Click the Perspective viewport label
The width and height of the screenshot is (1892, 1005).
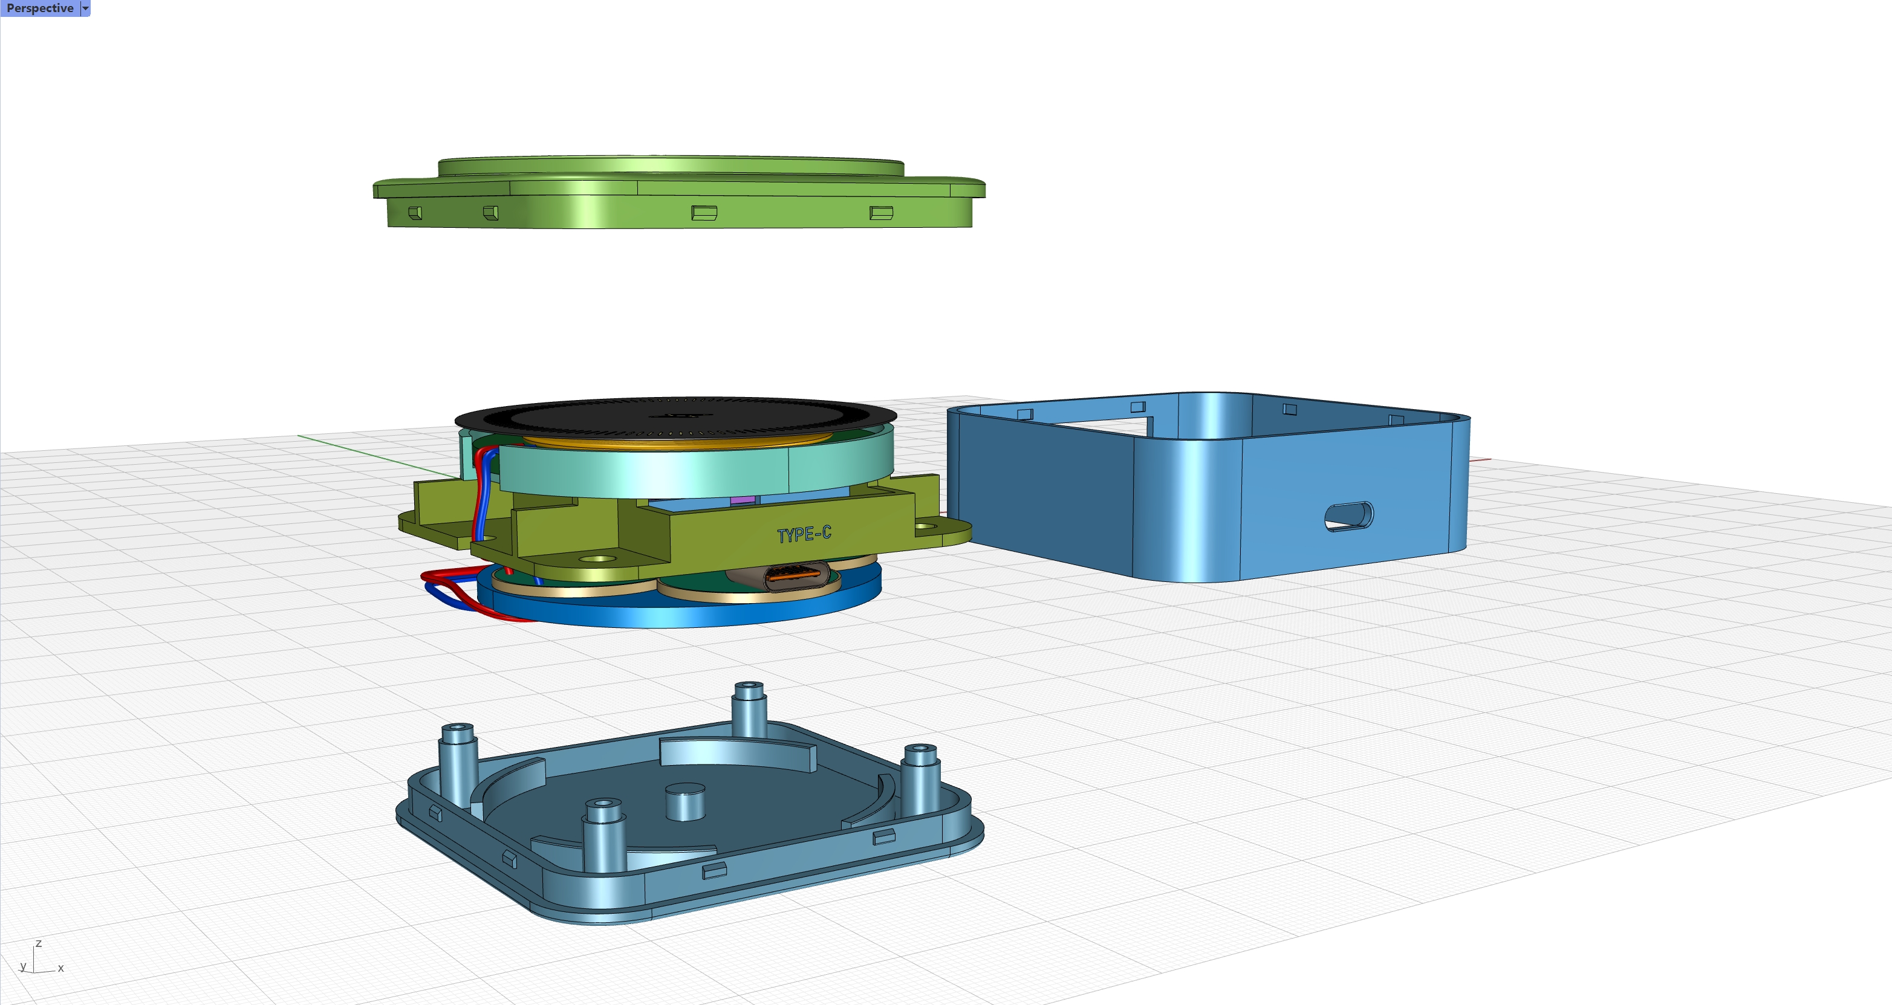coord(40,8)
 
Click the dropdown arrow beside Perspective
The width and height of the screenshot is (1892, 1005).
coord(85,8)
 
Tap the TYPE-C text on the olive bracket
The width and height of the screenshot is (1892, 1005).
coord(804,534)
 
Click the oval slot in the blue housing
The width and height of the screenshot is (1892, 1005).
coord(1348,516)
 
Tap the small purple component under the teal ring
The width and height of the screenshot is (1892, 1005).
coord(743,500)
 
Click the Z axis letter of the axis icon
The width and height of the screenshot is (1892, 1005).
coord(39,944)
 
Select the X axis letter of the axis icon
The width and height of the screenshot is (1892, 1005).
coord(61,968)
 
